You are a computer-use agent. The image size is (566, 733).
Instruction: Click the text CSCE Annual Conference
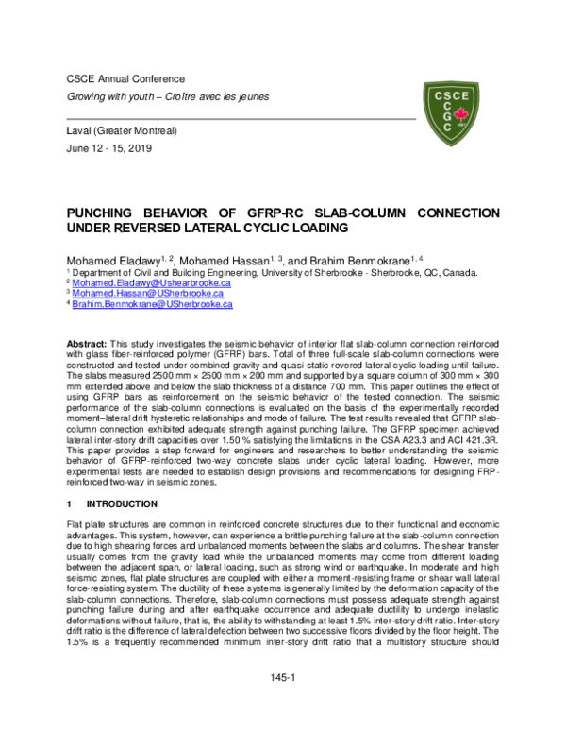(125, 78)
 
